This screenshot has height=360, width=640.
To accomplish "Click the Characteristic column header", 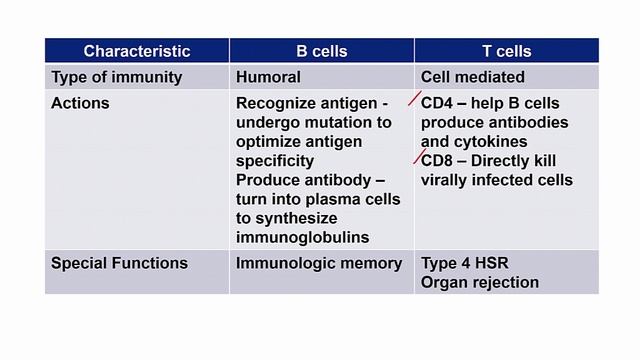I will click(x=137, y=51).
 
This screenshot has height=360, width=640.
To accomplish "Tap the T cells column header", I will click(x=506, y=51).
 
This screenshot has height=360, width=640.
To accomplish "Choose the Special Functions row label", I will click(x=119, y=264).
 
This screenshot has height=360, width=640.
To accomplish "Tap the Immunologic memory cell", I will click(x=319, y=264).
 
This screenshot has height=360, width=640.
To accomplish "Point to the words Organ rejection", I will click(x=480, y=282).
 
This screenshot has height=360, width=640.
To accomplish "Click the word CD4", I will click(x=437, y=103).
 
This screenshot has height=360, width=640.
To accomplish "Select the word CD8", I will click(x=437, y=161).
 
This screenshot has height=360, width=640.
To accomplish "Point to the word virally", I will click(x=447, y=180).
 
